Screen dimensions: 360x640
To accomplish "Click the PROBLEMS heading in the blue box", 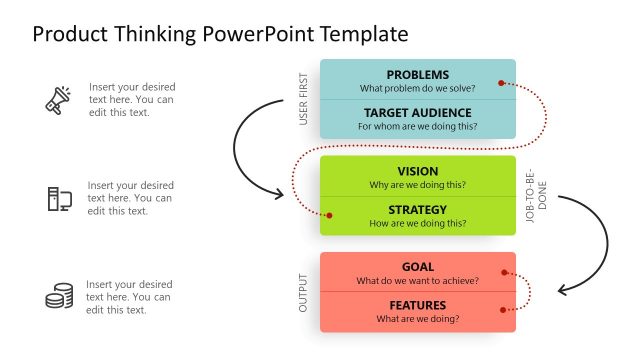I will pyautogui.click(x=417, y=74).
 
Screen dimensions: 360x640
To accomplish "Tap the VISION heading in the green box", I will pyautogui.click(x=417, y=171).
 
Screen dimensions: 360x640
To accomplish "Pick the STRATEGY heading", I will pyautogui.click(x=417, y=209).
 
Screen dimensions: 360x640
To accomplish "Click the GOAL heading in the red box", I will pyautogui.click(x=417, y=267).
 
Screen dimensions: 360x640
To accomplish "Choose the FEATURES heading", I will pyautogui.click(x=417, y=305).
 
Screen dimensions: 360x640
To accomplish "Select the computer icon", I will pyautogui.click(x=58, y=198).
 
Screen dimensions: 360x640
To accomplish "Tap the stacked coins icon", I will pyautogui.click(x=59, y=296).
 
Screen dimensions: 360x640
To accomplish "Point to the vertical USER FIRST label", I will pyautogui.click(x=304, y=99).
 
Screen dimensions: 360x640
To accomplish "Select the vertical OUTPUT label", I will pyautogui.click(x=304, y=292).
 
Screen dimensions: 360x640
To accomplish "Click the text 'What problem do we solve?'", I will pyautogui.click(x=417, y=88).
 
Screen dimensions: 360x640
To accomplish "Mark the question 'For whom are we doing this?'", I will pyautogui.click(x=417, y=126).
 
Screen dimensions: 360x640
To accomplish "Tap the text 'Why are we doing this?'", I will pyautogui.click(x=417, y=185).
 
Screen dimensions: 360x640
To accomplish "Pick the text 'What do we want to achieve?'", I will pyautogui.click(x=417, y=281).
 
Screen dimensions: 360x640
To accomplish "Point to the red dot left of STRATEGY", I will pyautogui.click(x=330, y=214).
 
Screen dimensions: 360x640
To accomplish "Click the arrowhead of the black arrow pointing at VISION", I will pyautogui.click(x=281, y=193).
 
